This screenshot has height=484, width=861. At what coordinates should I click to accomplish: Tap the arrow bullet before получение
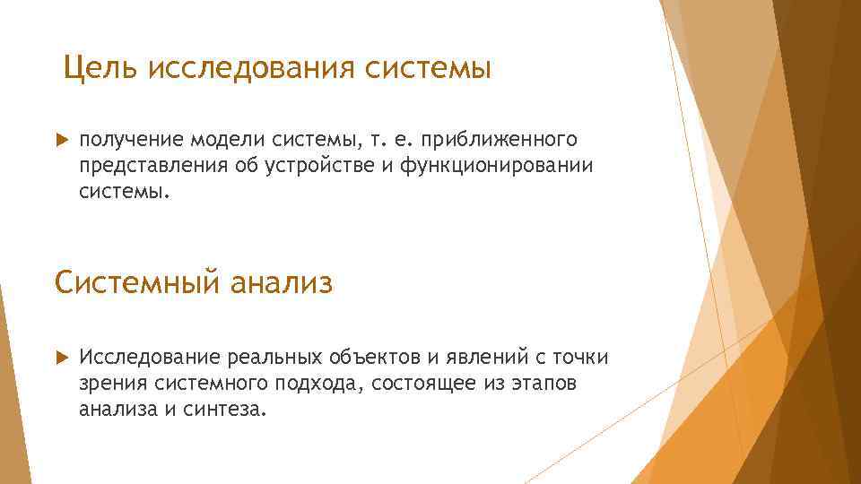[60, 141]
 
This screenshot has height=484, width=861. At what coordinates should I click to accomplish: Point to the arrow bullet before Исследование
[60, 359]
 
